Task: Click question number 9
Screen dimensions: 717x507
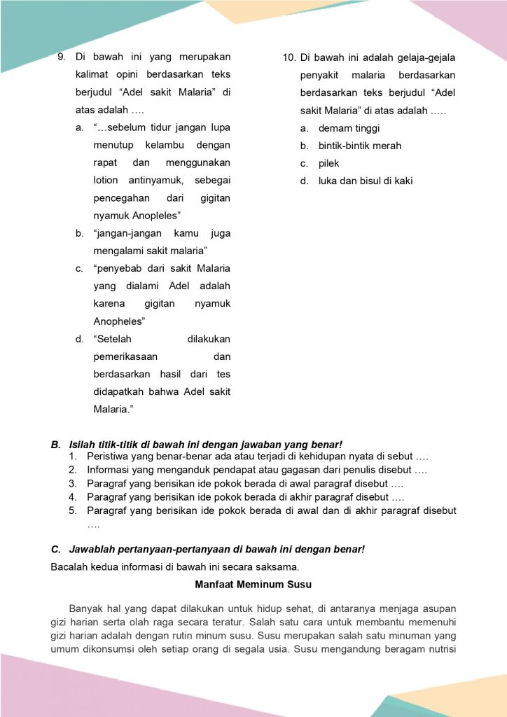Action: pos(61,57)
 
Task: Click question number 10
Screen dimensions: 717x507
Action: pos(289,57)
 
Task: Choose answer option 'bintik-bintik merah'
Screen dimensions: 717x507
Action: pos(360,146)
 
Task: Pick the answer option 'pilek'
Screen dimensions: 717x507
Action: pos(328,164)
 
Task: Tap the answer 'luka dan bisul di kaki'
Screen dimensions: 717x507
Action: pos(366,181)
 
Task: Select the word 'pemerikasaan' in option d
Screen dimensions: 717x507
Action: pos(125,356)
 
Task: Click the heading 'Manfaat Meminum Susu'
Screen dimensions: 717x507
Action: pos(253,584)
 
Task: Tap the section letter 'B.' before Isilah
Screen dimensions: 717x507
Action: pos(56,445)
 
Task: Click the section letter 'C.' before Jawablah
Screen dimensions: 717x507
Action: pos(56,550)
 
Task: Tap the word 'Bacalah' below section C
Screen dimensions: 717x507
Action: pos(69,566)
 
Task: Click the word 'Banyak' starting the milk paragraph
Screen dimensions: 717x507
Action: pos(85,608)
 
